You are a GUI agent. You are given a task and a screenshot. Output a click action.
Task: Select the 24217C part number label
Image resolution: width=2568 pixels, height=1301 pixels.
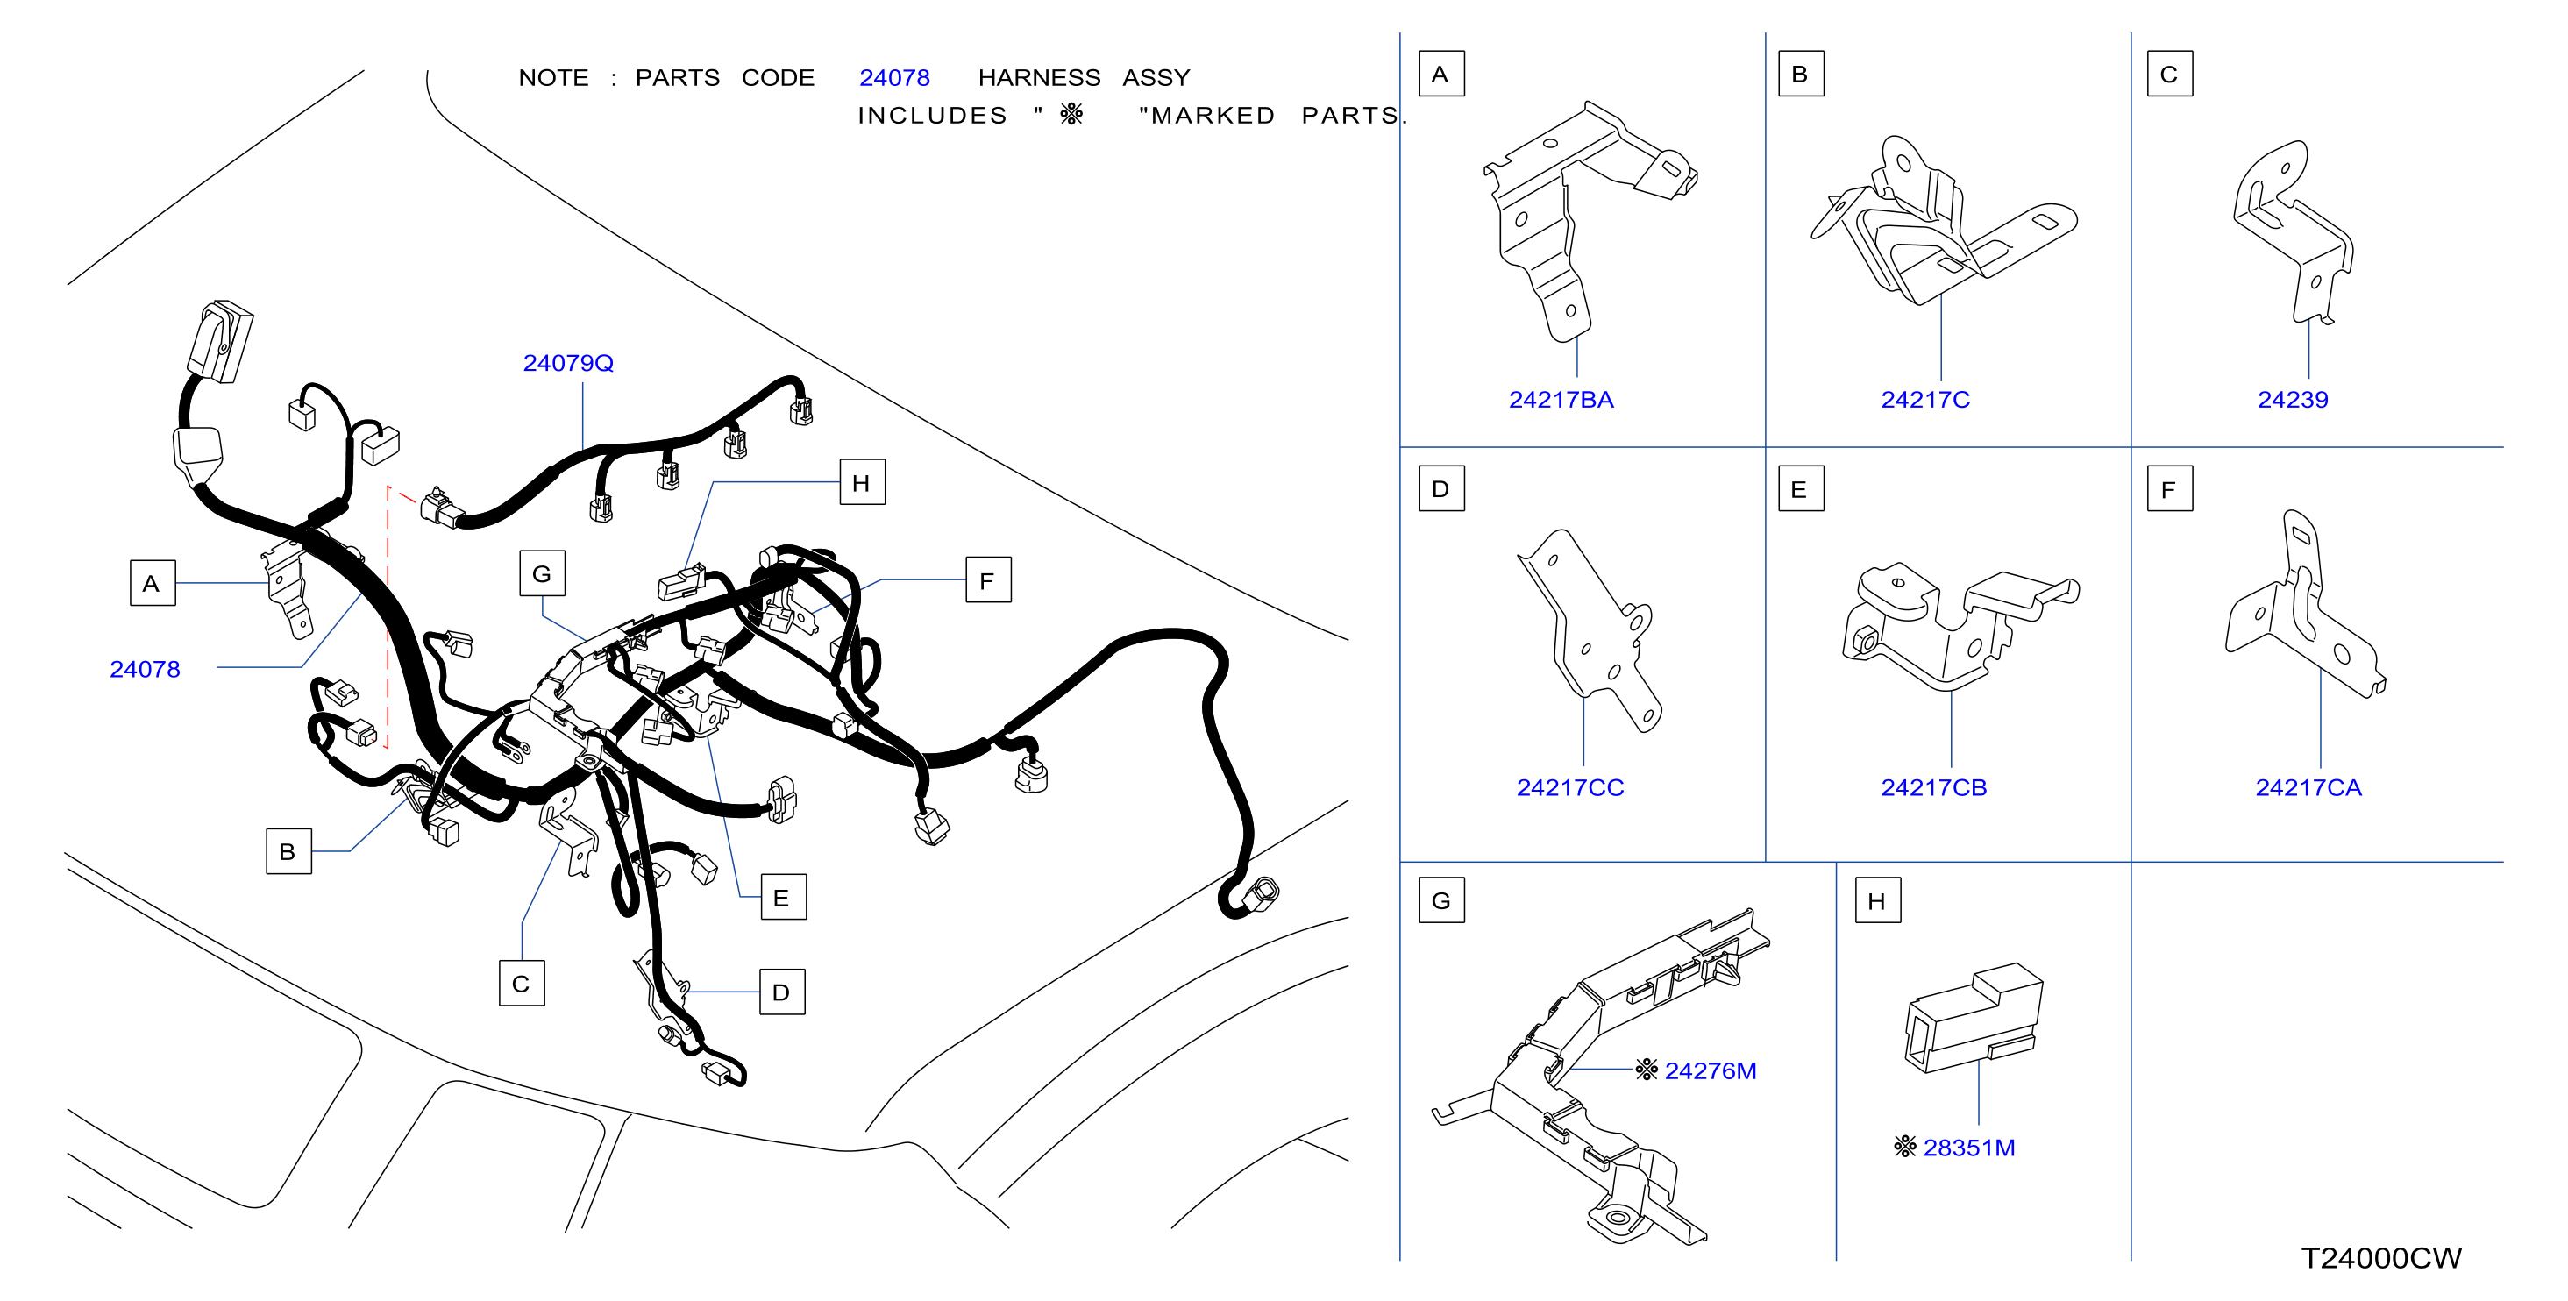click(1925, 400)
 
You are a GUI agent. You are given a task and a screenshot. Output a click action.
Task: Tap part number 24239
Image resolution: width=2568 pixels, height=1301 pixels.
click(2293, 400)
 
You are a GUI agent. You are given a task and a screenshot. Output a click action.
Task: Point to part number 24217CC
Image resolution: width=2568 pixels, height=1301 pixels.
click(1570, 787)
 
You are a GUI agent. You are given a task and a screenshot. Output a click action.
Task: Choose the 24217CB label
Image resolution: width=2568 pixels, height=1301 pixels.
click(1934, 787)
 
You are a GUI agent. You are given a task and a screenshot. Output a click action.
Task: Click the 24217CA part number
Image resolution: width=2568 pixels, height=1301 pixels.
click(2308, 787)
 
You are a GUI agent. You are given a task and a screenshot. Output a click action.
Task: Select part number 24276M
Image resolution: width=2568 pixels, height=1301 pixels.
click(1711, 1070)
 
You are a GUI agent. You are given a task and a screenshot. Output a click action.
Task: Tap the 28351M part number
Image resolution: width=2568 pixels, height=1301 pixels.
click(1969, 1148)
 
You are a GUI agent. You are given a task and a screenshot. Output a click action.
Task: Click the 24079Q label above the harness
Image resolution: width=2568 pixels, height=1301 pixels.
click(568, 363)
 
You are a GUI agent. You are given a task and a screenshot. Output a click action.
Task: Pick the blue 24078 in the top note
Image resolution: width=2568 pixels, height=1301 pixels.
click(894, 78)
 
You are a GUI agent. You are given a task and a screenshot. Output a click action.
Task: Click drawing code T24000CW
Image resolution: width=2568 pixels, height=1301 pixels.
click(2380, 1258)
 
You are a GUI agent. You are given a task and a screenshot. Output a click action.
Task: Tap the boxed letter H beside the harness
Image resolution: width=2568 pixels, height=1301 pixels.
click(863, 482)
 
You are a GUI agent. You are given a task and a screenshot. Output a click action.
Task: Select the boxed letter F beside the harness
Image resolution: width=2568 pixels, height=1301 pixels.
click(988, 580)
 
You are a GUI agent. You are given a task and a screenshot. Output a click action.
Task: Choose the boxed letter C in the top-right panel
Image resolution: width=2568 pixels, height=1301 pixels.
click(2169, 74)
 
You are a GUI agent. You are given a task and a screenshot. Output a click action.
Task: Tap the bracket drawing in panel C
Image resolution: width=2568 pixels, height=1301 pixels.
click(2293, 232)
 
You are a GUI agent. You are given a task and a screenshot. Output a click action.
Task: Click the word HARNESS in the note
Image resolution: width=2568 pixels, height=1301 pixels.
click(1039, 78)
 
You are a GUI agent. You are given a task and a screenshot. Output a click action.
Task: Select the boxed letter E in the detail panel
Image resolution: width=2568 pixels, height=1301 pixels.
click(1800, 488)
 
